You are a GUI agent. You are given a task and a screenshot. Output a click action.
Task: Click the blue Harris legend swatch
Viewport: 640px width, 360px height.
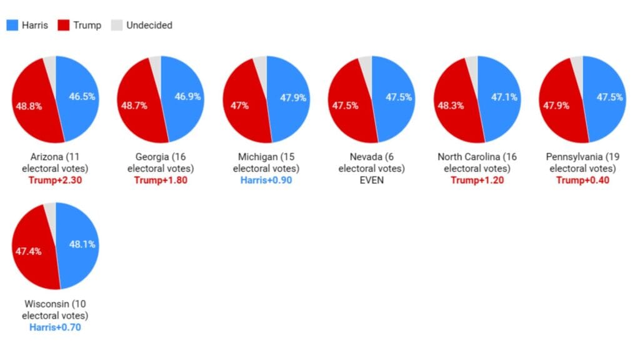tap(12, 26)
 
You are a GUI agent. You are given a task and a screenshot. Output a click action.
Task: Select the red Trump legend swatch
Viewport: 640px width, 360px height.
tap(63, 26)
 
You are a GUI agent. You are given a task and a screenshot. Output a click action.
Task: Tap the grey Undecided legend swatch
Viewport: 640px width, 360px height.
tap(116, 26)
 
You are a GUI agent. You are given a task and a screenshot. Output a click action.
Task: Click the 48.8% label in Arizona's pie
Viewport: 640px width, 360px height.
tap(29, 106)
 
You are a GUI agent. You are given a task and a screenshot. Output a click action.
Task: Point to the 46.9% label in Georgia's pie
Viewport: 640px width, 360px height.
tap(187, 97)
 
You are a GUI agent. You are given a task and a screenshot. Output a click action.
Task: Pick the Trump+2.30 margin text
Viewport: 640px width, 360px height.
tap(55, 181)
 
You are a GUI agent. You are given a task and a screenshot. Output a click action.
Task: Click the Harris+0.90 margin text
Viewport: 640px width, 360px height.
tap(266, 181)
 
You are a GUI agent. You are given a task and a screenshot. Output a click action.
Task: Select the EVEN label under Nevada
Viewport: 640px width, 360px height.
tap(371, 181)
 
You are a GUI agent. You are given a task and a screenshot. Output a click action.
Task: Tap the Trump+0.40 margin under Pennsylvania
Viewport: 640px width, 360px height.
tap(582, 181)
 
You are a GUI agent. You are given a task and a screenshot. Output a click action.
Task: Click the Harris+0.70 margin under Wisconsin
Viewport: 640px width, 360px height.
tap(55, 327)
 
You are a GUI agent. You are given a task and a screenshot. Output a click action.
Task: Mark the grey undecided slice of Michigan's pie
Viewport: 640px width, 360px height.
tap(260, 62)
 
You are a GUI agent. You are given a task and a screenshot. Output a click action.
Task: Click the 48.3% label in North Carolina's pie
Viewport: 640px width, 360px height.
tap(450, 106)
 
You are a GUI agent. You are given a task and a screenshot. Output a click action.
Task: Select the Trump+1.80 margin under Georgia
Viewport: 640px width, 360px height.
tap(161, 181)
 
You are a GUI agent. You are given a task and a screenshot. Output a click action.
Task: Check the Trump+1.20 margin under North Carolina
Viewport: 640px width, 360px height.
tap(477, 181)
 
